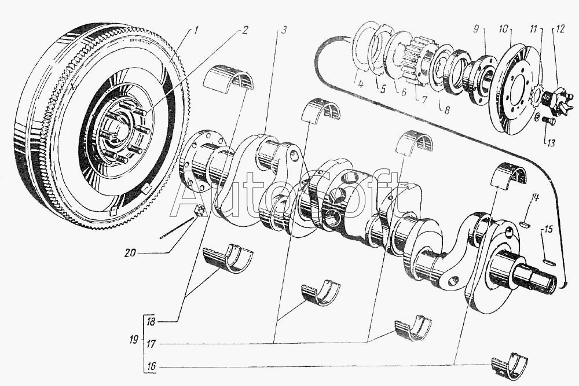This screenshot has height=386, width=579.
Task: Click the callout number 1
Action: coord(196,30)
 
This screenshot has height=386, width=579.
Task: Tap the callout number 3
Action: coord(283,30)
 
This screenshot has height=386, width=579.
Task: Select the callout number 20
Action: coord(130,253)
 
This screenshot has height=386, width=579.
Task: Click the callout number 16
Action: coord(151,367)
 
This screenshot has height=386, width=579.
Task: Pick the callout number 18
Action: coord(151,321)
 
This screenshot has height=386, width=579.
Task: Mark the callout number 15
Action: coord(549,229)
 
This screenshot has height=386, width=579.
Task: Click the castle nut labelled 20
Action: coord(200,211)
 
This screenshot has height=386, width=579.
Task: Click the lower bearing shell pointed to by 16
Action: coord(509,363)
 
